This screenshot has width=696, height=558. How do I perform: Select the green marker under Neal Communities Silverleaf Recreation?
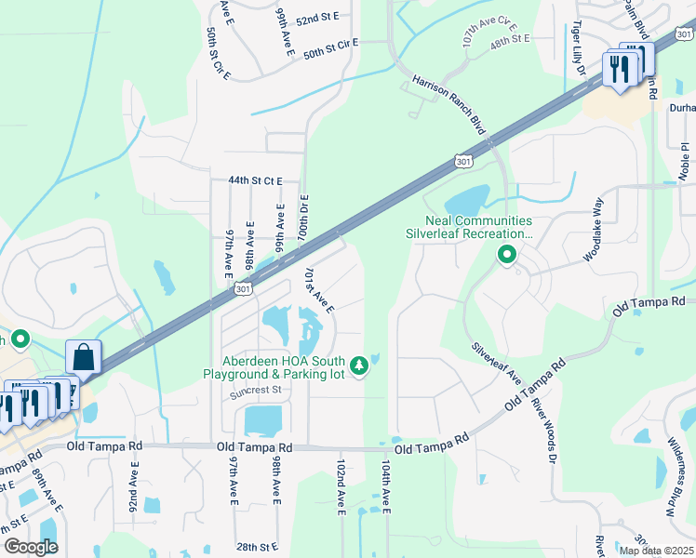(507, 254)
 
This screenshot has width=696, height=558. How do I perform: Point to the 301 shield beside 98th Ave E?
(242, 290)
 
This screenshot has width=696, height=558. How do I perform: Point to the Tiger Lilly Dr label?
(579, 48)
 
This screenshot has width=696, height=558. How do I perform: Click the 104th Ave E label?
(386, 486)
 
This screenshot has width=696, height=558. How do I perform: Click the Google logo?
(31, 547)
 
